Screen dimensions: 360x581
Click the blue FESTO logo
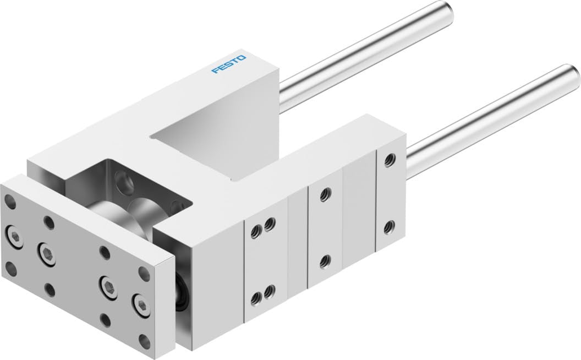(229, 65)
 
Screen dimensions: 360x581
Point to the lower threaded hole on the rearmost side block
(389, 225)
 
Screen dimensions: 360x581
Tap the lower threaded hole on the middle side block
(324, 259)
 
